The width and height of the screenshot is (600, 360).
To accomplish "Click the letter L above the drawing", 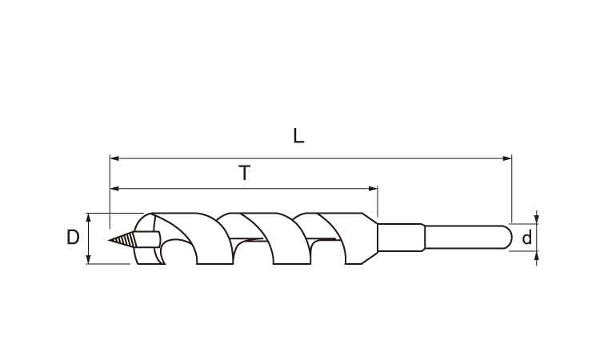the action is [x=298, y=136].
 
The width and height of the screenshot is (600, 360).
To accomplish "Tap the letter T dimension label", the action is [x=244, y=173].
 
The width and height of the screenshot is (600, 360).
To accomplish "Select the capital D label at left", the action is [x=73, y=237].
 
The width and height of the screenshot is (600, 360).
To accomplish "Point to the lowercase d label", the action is [x=527, y=238].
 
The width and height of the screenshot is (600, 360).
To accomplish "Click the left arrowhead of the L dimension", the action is [x=114, y=158].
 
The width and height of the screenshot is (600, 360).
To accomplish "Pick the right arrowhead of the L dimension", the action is [x=507, y=158].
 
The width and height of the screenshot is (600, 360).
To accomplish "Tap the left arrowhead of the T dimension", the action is [x=114, y=188].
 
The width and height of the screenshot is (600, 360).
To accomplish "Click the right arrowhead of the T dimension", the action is [x=373, y=188].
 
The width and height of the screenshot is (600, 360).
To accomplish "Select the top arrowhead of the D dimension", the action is [x=88, y=218].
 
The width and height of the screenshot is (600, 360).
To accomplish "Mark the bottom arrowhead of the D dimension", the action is [x=88, y=259].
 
